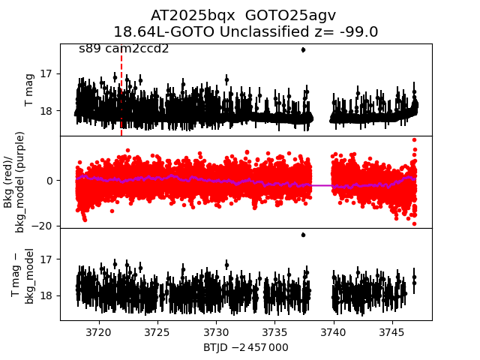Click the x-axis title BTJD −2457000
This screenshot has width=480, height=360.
(245, 347)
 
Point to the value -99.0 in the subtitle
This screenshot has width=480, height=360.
(358, 31)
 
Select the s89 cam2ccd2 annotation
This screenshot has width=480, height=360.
(124, 49)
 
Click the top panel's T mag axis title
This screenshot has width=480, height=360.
(30, 90)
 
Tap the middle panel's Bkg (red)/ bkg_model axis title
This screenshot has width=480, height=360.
(19, 181)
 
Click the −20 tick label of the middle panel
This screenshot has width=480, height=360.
(44, 226)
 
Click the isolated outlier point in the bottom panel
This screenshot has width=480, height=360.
(303, 235)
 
